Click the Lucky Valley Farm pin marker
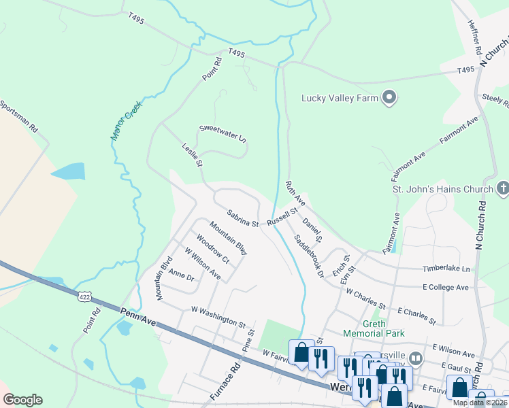389,98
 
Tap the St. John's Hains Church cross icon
502,187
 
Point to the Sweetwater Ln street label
222,133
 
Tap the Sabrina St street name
243,218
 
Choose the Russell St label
283,217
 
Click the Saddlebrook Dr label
309,256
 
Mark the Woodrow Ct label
212,249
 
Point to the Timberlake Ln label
446,269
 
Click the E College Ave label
445,288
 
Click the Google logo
22,400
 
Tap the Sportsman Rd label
19,120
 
